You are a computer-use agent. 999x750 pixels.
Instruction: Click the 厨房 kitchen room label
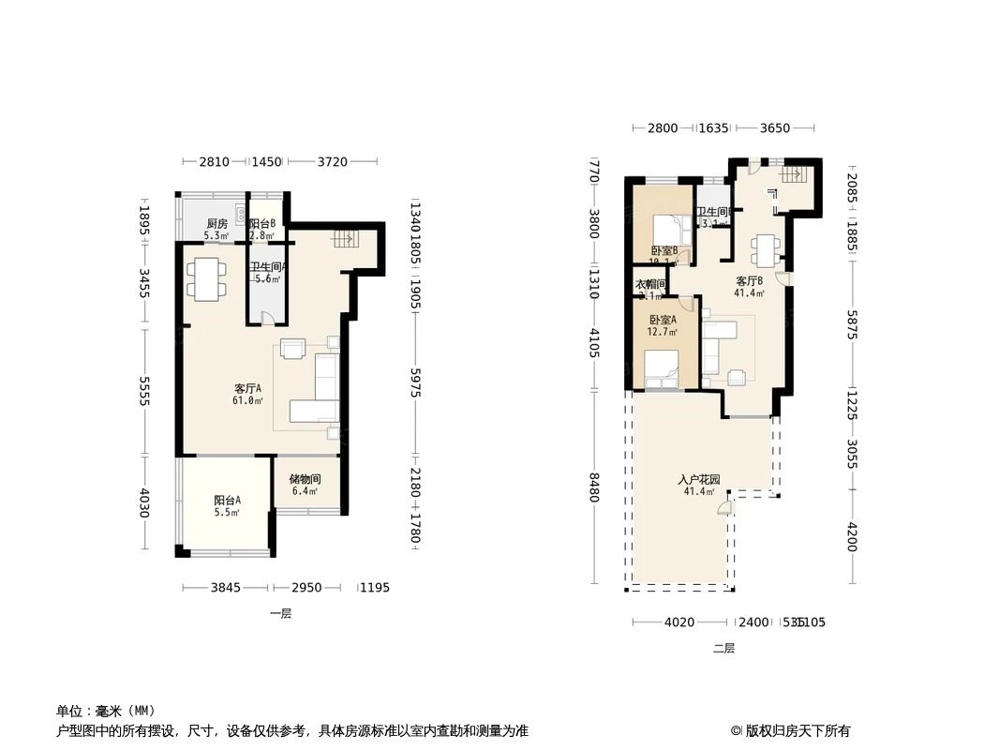(x=216, y=223)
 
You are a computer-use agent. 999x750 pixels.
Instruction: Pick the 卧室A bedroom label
(x=663, y=320)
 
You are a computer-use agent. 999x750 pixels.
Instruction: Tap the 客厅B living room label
(x=750, y=280)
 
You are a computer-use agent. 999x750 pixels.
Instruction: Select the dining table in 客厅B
(x=764, y=248)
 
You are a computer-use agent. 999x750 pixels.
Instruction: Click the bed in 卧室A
(x=664, y=367)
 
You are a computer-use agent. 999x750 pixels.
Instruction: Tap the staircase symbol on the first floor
(x=343, y=240)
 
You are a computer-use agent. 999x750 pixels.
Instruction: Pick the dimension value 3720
(x=332, y=162)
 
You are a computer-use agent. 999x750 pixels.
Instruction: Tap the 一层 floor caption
(x=280, y=614)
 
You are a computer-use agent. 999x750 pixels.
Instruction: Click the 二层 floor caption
(x=723, y=648)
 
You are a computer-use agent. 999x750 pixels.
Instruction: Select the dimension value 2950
(x=306, y=588)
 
